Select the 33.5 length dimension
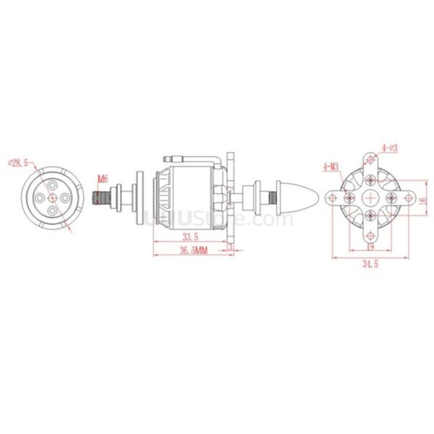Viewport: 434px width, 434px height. point(190,237)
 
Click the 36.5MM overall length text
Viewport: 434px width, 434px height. point(191,250)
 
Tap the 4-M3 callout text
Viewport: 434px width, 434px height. point(331,167)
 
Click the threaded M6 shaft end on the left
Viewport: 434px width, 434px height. point(101,195)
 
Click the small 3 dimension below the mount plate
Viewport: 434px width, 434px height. point(230,247)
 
